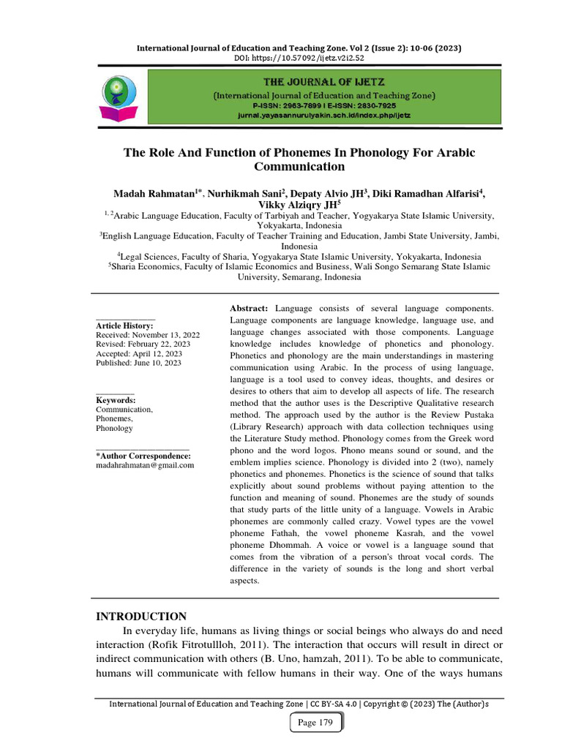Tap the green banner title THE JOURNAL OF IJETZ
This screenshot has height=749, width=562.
[324, 82]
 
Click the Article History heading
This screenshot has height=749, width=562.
[124, 325]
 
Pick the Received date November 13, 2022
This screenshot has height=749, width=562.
[148, 335]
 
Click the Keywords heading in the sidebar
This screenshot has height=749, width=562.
[116, 400]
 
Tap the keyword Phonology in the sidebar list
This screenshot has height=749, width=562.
[114, 429]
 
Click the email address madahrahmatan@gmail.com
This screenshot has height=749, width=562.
[145, 465]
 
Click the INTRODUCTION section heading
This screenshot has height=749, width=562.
[141, 616]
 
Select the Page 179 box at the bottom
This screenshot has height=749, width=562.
[315, 723]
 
